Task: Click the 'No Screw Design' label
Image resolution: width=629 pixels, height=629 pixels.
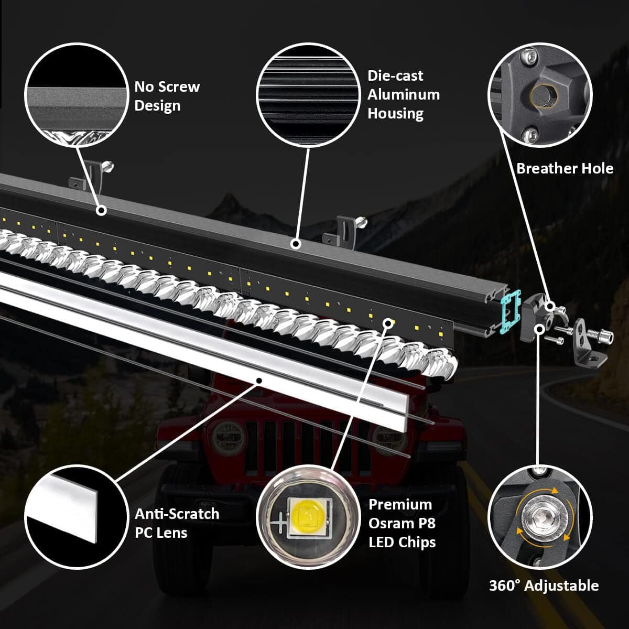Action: pyautogui.click(x=167, y=96)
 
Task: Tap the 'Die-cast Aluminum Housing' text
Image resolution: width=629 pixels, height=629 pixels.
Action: pyautogui.click(x=403, y=94)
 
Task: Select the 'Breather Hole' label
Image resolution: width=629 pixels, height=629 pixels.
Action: pyautogui.click(x=565, y=168)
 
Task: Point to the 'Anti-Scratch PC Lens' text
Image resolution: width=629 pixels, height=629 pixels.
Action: pyautogui.click(x=177, y=523)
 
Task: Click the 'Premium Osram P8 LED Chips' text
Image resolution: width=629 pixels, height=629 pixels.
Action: pyautogui.click(x=402, y=523)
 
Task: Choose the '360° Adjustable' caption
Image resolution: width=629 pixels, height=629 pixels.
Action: pyautogui.click(x=544, y=585)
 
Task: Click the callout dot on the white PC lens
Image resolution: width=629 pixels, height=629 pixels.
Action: pyautogui.click(x=258, y=379)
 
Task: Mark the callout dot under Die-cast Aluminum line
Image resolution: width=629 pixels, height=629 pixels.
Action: pyautogui.click(x=296, y=244)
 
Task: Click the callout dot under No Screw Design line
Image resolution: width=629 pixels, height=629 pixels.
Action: pyautogui.click(x=101, y=210)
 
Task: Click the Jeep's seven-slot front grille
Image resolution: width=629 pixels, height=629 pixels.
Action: pyautogui.click(x=304, y=446)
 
